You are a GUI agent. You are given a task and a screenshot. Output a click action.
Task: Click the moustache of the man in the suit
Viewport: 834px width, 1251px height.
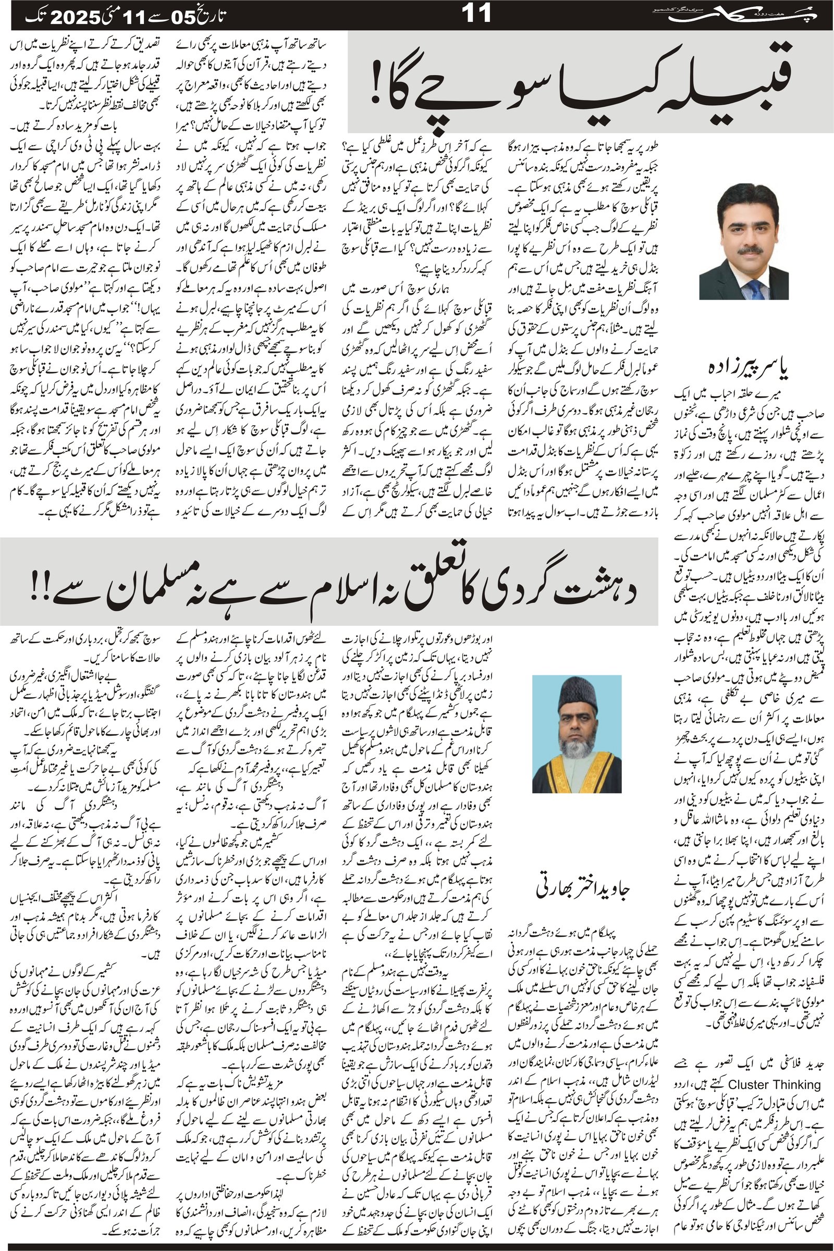750,250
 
